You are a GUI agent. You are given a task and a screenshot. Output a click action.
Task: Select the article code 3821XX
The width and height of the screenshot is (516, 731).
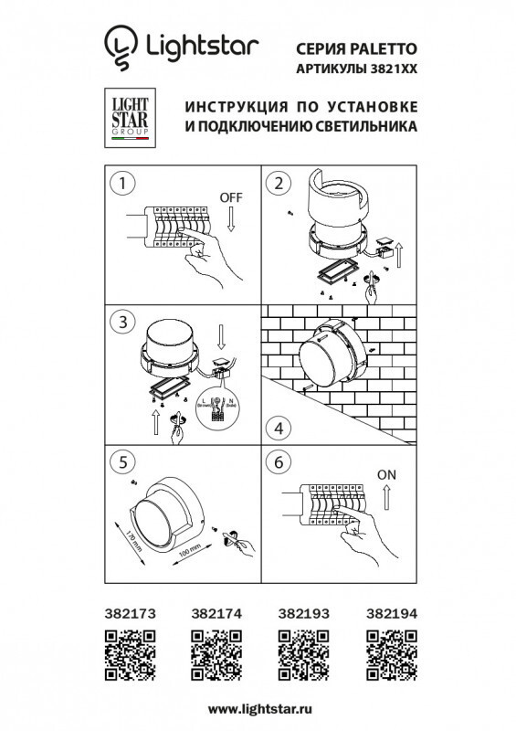tap(388, 69)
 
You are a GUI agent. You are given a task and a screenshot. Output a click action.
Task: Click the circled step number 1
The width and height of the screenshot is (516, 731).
tap(117, 183)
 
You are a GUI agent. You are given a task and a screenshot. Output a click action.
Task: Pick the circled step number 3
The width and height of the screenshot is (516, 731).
tap(117, 322)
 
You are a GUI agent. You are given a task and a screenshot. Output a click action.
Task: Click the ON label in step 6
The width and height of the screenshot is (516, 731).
tap(387, 474)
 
